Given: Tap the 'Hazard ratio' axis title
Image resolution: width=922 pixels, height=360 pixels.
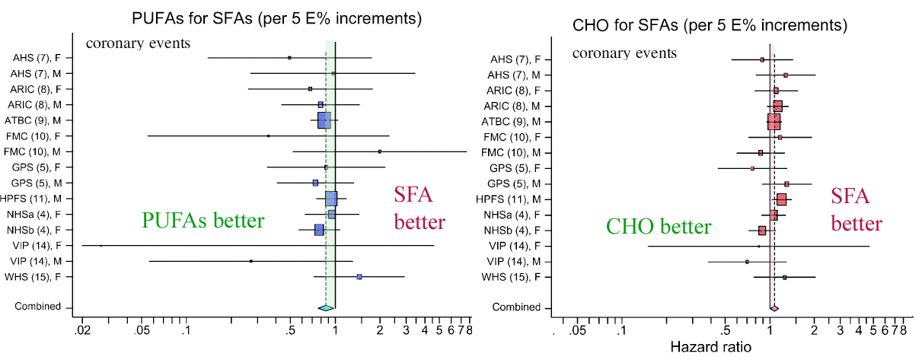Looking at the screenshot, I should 710,346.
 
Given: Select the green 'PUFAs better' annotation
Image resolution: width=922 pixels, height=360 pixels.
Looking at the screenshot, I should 203,221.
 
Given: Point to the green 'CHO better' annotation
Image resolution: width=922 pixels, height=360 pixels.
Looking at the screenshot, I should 658,227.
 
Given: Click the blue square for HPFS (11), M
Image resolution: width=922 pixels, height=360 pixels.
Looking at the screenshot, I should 331,199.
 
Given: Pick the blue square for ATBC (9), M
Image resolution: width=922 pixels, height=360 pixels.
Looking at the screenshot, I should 324,119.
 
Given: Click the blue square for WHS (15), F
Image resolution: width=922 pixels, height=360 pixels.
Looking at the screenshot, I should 359,277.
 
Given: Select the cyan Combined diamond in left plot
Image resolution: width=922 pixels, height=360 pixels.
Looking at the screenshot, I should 326,307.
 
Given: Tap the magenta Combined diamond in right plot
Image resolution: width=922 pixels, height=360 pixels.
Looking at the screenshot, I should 774,308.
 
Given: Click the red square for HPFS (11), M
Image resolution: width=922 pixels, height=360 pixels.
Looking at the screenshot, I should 781,199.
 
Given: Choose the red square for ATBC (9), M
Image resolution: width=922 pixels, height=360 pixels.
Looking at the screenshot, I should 774,122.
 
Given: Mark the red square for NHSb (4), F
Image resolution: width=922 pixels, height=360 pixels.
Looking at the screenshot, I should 762,231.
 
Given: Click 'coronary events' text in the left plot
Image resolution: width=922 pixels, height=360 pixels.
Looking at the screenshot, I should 138,43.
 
